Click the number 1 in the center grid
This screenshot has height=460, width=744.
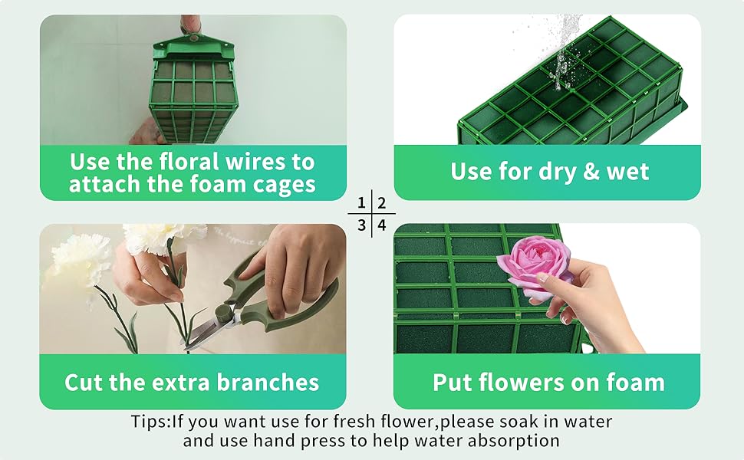click(361, 204)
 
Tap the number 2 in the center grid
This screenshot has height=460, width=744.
click(381, 204)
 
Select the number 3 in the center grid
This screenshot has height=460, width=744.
click(361, 225)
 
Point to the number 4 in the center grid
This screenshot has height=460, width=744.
click(381, 225)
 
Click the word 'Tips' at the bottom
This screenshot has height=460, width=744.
click(148, 422)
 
